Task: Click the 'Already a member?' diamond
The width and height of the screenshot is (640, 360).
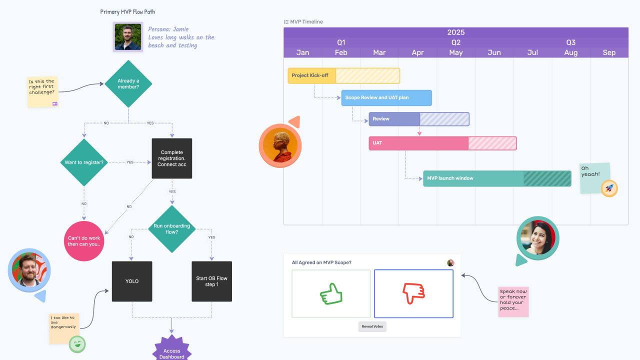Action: (128, 84)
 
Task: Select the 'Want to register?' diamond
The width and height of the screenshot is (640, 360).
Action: (84, 162)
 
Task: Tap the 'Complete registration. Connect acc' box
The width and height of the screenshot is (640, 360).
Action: (172, 158)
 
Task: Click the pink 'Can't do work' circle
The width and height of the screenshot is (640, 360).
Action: (84, 241)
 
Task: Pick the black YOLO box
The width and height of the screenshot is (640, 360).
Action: (132, 281)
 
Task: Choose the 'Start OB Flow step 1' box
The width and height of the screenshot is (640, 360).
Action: (211, 281)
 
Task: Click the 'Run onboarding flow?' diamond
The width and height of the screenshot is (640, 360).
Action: (172, 229)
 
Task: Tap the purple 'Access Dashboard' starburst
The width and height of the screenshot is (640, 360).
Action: (172, 351)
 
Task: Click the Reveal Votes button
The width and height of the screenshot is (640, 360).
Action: (372, 326)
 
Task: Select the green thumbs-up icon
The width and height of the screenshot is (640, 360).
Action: (331, 294)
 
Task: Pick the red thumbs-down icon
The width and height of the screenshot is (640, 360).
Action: (413, 293)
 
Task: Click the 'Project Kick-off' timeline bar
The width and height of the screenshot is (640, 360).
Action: (343, 75)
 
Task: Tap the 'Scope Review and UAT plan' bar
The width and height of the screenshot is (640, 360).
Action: (386, 98)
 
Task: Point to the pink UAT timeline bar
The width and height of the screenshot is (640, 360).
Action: (442, 143)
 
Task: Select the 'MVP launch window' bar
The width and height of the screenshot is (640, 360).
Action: (497, 178)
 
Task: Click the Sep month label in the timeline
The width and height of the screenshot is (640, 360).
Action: (609, 52)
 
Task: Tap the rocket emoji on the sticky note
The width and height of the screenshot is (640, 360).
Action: (609, 188)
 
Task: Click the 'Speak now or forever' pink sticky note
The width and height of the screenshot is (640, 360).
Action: (513, 301)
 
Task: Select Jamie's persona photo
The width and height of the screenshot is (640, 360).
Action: (127, 37)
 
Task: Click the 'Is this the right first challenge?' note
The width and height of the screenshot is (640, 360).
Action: (42, 91)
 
